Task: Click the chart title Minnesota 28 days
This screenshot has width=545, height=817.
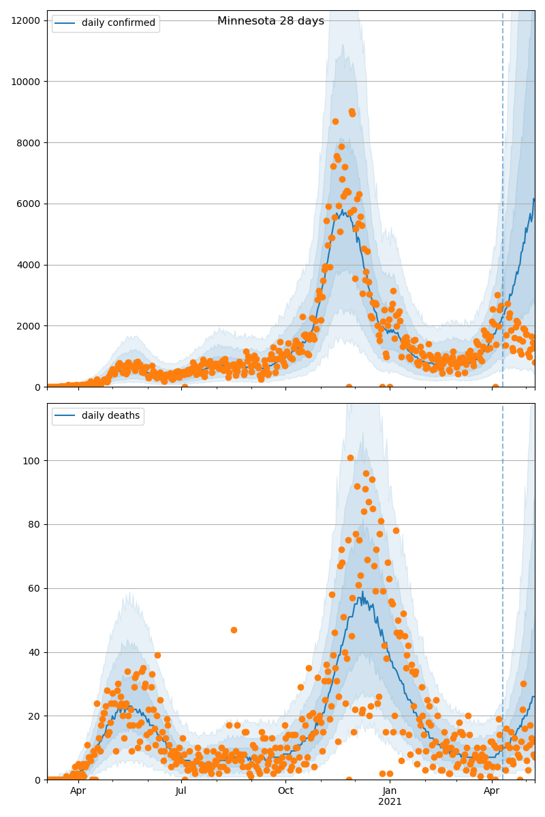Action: click(270, 21)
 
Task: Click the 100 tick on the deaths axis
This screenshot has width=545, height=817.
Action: click(33, 461)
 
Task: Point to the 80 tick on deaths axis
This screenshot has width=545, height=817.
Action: click(35, 525)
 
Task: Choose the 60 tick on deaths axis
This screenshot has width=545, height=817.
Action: click(35, 589)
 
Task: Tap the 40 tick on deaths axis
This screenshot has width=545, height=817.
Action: click(35, 652)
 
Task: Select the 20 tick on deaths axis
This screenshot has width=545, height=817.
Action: click(35, 716)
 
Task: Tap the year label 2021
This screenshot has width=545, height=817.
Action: click(390, 801)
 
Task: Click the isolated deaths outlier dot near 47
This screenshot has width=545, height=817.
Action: click(234, 630)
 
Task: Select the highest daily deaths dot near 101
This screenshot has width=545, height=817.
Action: click(350, 458)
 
